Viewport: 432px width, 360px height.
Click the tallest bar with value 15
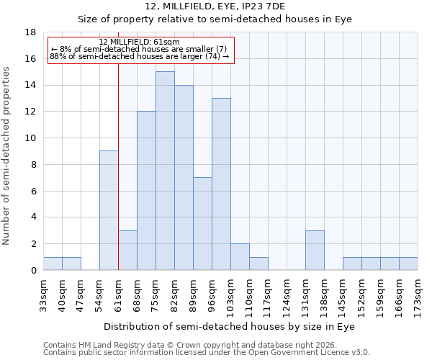[165, 171]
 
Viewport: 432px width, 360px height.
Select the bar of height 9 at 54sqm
[109, 210]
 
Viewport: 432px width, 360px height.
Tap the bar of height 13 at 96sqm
[221, 184]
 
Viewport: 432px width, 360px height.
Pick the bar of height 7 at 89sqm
[202, 224]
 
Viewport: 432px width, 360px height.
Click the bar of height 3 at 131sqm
[315, 250]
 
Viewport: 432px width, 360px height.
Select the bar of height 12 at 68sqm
[146, 191]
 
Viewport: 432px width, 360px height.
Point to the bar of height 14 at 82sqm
[184, 178]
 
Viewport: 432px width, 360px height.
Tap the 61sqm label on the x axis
[118, 294]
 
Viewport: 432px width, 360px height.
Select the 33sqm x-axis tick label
[43, 294]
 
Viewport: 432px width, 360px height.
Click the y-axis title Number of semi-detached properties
[6, 156]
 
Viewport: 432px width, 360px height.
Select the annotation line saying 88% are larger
[140, 56]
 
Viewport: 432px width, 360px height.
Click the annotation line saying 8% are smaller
[140, 49]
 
